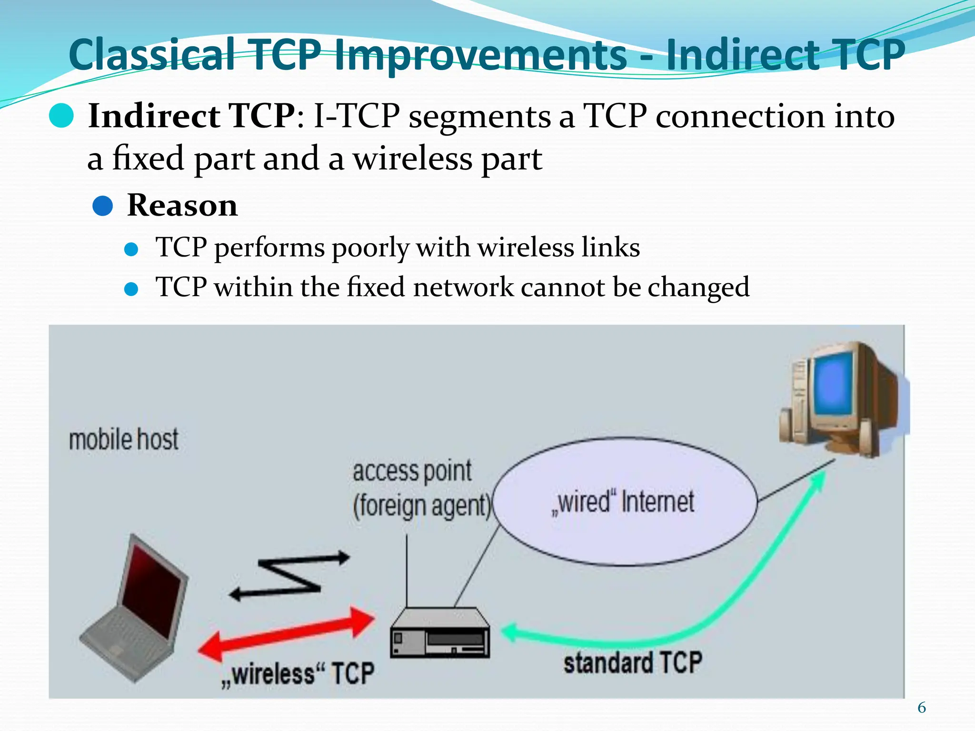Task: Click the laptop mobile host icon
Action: coord(136,614)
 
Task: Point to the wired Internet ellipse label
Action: coord(623,502)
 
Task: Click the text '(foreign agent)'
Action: coord(422,505)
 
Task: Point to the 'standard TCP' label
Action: coord(633,662)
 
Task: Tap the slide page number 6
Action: coord(922,708)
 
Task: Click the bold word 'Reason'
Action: coord(182,206)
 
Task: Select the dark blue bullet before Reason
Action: coord(102,206)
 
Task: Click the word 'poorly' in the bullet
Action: coord(370,247)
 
